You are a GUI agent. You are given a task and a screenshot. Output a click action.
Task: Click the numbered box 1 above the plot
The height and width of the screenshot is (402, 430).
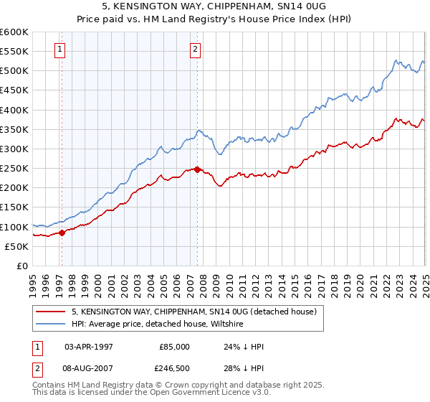click(59, 50)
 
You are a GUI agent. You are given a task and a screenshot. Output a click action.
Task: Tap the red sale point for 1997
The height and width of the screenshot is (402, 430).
click(62, 233)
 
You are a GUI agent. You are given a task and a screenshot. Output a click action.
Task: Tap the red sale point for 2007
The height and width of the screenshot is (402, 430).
click(197, 169)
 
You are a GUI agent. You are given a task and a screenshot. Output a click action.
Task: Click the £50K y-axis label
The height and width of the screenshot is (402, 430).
click(17, 246)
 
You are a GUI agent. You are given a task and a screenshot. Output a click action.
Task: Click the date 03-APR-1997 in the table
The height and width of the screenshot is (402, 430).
click(88, 346)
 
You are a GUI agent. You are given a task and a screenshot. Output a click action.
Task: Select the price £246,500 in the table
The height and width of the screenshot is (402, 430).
click(174, 368)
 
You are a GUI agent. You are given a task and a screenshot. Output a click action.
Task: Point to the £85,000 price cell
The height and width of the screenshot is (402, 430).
click(174, 346)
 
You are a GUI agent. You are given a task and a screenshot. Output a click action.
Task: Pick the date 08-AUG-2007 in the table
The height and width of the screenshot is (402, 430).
click(88, 368)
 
